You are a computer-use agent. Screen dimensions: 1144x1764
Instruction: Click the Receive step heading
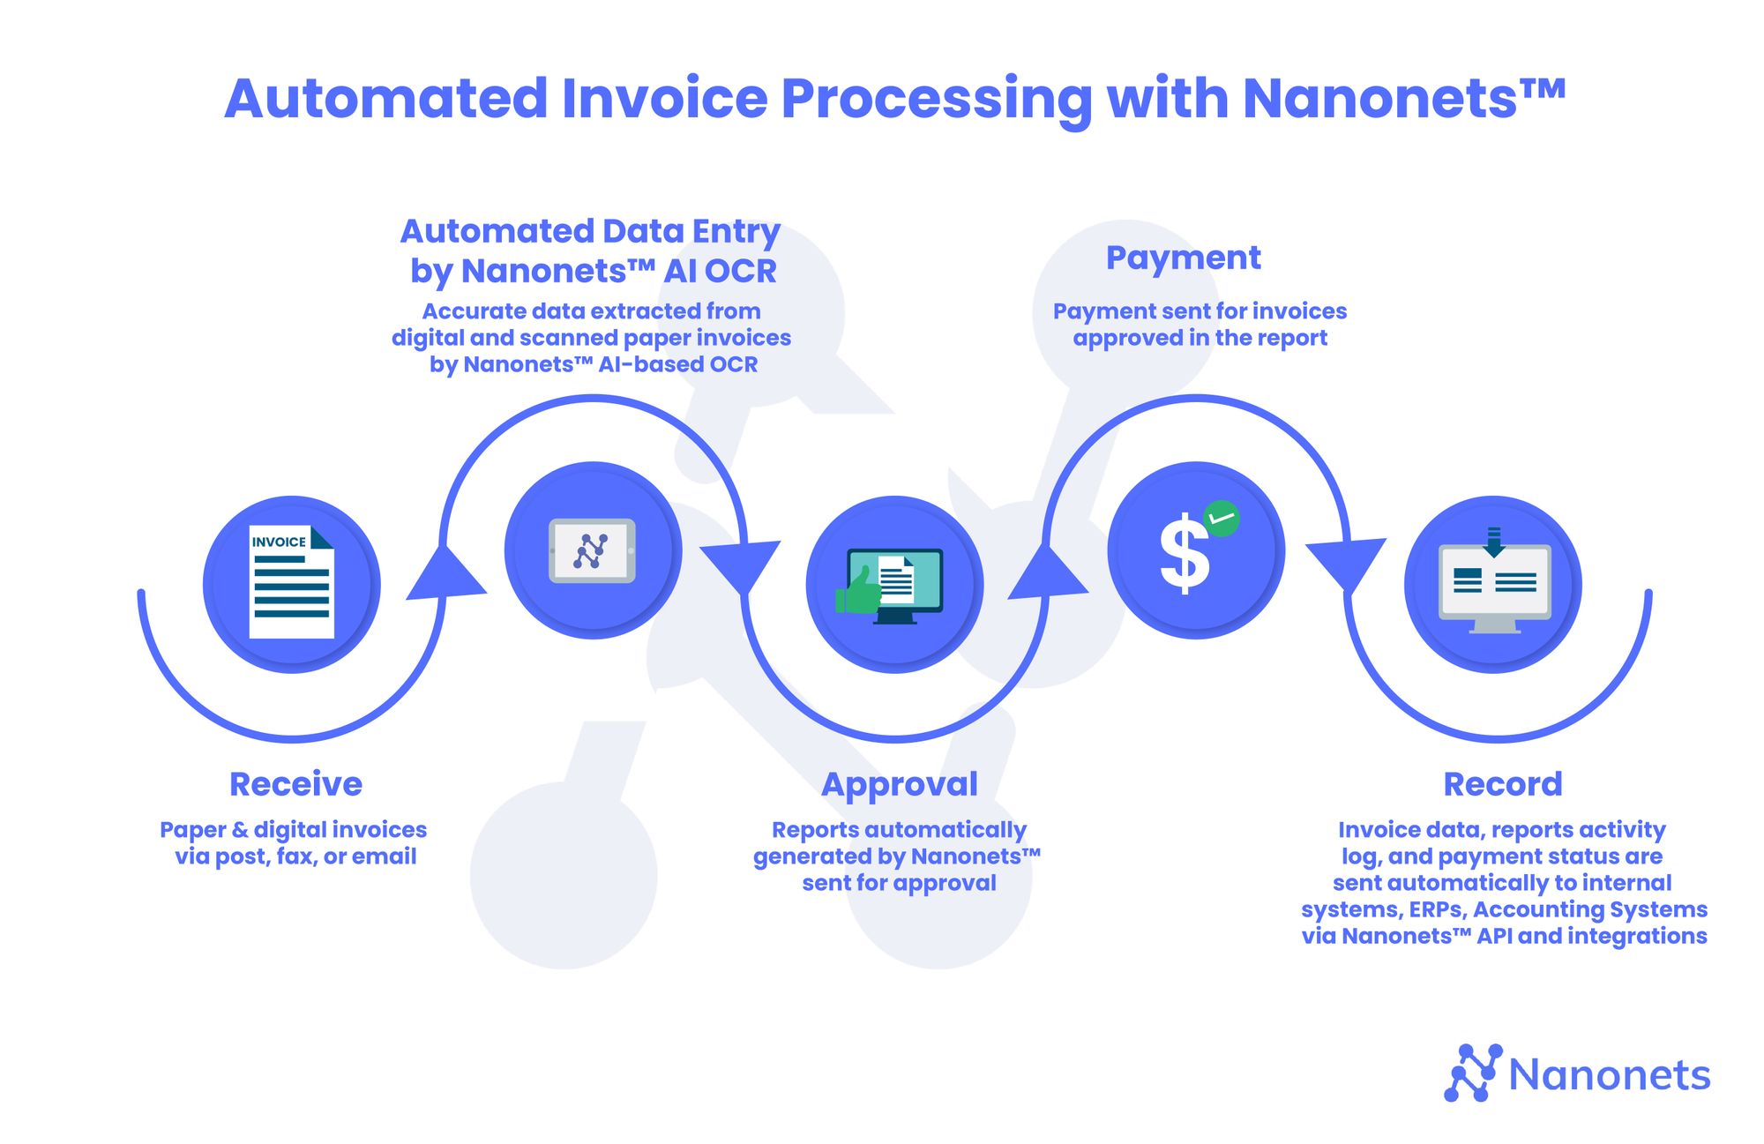pos(295,784)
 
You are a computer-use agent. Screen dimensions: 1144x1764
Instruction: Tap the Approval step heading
pos(899,784)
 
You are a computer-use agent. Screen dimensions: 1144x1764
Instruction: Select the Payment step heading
pos(1183,258)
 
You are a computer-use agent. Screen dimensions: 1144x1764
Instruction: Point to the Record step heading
pos(1502,784)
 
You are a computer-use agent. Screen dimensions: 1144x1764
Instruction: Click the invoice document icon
pos(291,582)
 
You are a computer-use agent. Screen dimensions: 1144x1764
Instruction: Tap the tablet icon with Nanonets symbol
pos(592,550)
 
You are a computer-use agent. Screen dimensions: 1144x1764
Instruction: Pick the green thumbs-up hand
pos(858,591)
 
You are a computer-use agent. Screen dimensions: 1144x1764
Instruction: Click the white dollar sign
pos(1184,555)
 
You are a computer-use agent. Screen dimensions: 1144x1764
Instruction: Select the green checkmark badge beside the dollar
pos(1222,519)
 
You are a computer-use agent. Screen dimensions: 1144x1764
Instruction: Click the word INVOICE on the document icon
pos(279,542)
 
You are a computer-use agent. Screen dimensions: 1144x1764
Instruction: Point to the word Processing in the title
pos(937,99)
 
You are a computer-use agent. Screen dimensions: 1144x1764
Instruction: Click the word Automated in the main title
pos(386,99)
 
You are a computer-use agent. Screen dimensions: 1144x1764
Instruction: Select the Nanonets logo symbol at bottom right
pos(1472,1073)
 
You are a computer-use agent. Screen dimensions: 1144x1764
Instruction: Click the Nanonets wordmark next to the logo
pos(1609,1075)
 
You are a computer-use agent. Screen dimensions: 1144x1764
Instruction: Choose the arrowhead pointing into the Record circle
pos(1347,562)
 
